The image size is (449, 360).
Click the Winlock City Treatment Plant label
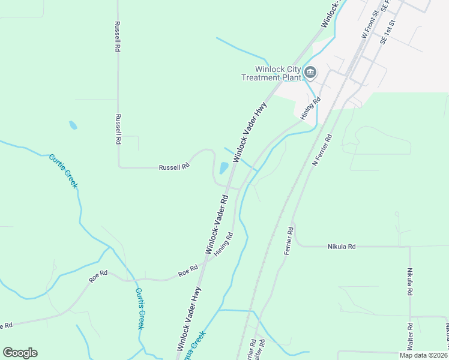click(x=270, y=73)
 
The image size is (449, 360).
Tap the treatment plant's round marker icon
click(x=310, y=73)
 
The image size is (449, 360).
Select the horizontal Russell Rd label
click(x=174, y=167)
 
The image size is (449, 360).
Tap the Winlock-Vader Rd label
click(x=217, y=224)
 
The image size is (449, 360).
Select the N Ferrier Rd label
click(x=322, y=151)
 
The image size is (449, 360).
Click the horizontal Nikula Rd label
click(x=342, y=246)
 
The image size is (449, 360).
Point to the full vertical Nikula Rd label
click(x=410, y=282)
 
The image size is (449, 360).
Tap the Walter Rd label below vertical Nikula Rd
click(x=409, y=337)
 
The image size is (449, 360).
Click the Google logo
click(x=20, y=353)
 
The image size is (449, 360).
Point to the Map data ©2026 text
click(x=423, y=355)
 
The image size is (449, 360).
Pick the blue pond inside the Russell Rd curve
click(x=224, y=168)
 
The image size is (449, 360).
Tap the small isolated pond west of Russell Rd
click(x=73, y=125)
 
